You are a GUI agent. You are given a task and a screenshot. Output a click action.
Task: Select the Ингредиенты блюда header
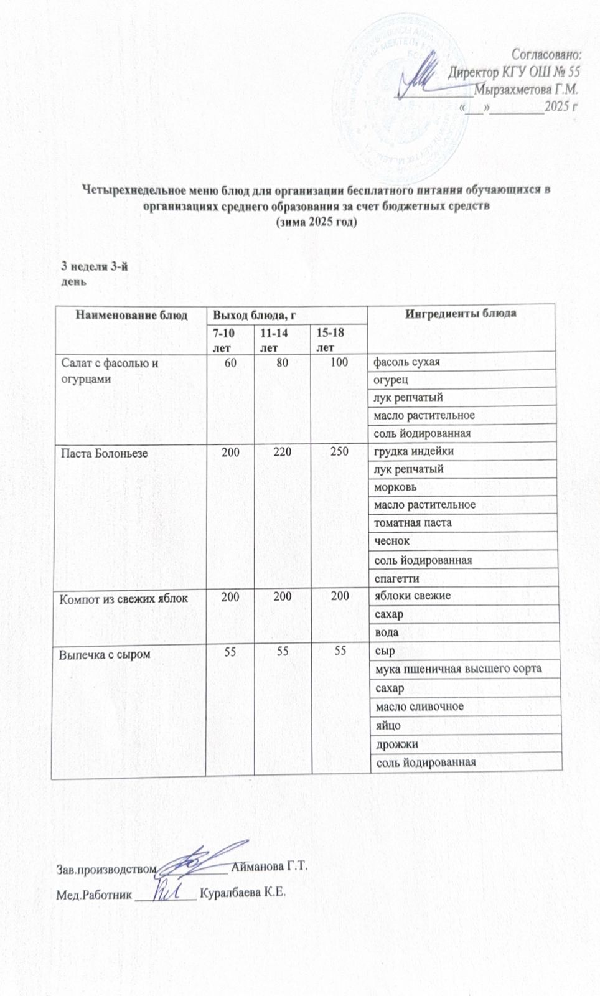coord(461,312)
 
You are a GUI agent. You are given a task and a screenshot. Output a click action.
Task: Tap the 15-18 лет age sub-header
coord(330,340)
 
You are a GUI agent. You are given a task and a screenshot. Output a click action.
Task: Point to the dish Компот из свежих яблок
coord(123,599)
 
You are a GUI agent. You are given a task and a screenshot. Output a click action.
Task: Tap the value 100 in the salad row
coord(339,361)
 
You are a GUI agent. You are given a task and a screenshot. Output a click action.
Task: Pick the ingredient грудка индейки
coord(413,451)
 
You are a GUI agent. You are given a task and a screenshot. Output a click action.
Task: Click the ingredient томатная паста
coord(413,523)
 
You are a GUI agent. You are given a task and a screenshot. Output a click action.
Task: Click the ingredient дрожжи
coord(395,744)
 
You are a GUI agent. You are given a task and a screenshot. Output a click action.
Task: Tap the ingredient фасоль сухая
coord(406,361)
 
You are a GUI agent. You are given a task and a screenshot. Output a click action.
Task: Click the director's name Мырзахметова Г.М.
coord(527,89)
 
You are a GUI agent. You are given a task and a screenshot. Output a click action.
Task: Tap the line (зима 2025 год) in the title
coord(317,222)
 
